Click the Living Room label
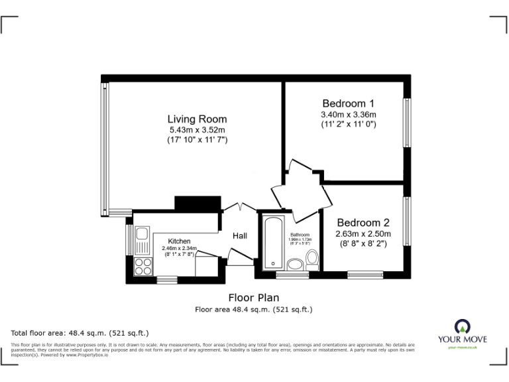click(197, 119)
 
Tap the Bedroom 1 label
click(349, 103)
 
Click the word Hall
click(240, 236)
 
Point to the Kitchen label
click(179, 241)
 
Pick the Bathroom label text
click(300, 235)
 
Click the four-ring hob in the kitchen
click(142, 266)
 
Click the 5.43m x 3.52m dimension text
click(197, 130)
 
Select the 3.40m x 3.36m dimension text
click(349, 114)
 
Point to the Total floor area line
click(80, 332)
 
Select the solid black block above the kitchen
click(197, 203)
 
